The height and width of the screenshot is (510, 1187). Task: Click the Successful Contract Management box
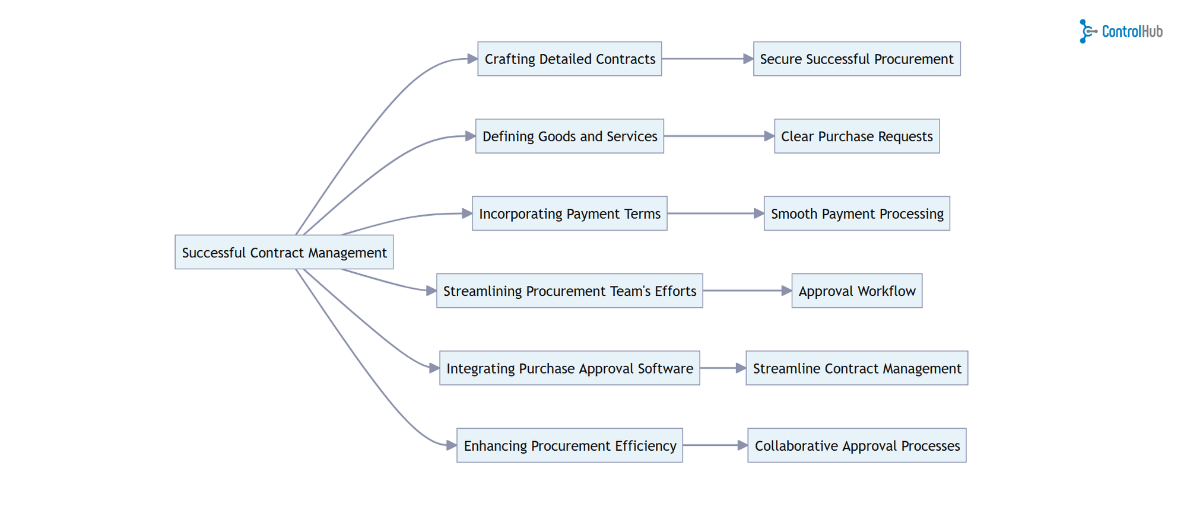284,252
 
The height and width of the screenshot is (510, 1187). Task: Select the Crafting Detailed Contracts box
569,59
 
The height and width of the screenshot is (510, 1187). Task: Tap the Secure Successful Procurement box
856,59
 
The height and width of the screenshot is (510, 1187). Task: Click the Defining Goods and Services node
569,136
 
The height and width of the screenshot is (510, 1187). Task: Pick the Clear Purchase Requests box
856,136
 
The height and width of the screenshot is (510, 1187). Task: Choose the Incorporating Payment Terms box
569,213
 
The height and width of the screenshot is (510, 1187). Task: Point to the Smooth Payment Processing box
856,213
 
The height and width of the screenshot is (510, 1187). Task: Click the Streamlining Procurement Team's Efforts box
569,291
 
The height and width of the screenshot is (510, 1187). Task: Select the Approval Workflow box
856,291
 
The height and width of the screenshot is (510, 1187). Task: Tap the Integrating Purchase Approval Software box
569,368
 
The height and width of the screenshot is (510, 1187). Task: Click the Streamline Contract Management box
856,368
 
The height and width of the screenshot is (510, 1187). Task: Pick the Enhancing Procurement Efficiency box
569,445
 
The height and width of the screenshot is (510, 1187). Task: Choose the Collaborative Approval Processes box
856,445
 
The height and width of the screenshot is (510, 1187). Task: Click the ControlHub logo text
1132,31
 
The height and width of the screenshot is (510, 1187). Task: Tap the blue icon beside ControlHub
1086,31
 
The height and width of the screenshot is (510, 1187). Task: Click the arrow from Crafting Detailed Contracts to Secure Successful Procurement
706,59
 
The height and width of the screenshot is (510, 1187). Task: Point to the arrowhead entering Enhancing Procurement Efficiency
451,445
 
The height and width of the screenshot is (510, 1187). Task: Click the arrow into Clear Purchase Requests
718,136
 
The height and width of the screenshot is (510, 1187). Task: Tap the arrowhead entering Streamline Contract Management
741,368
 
